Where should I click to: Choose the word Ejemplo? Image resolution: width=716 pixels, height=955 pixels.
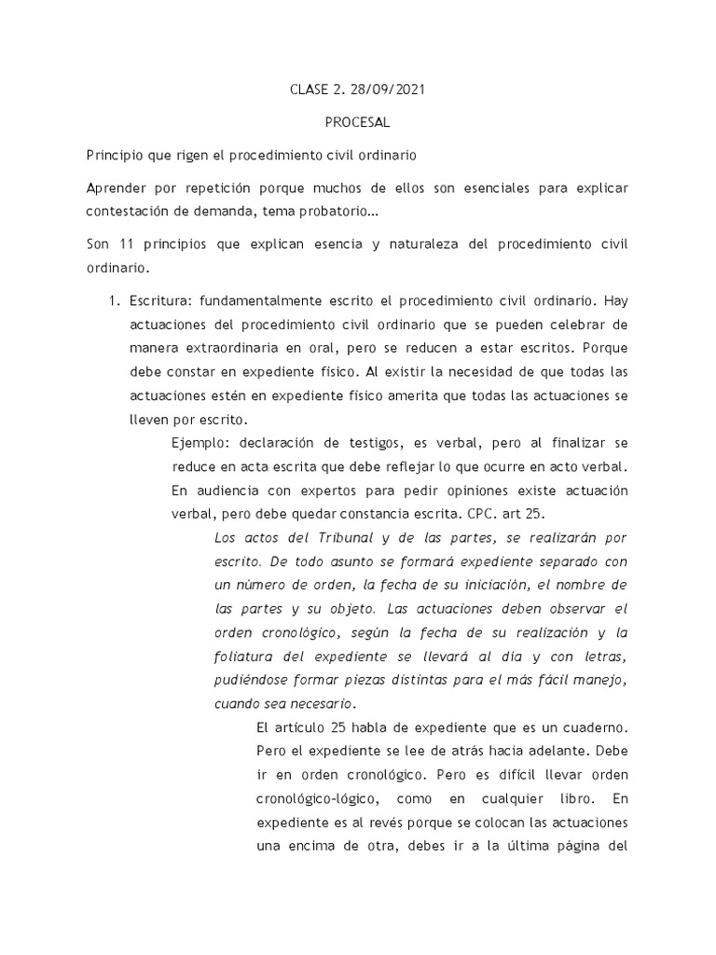[x=203, y=442]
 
